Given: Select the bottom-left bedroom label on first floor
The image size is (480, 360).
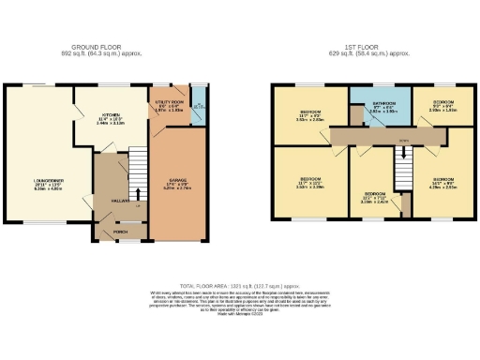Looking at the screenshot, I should pyautogui.click(x=310, y=182).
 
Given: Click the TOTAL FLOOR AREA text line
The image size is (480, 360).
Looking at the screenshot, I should pyautogui.click(x=239, y=282).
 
